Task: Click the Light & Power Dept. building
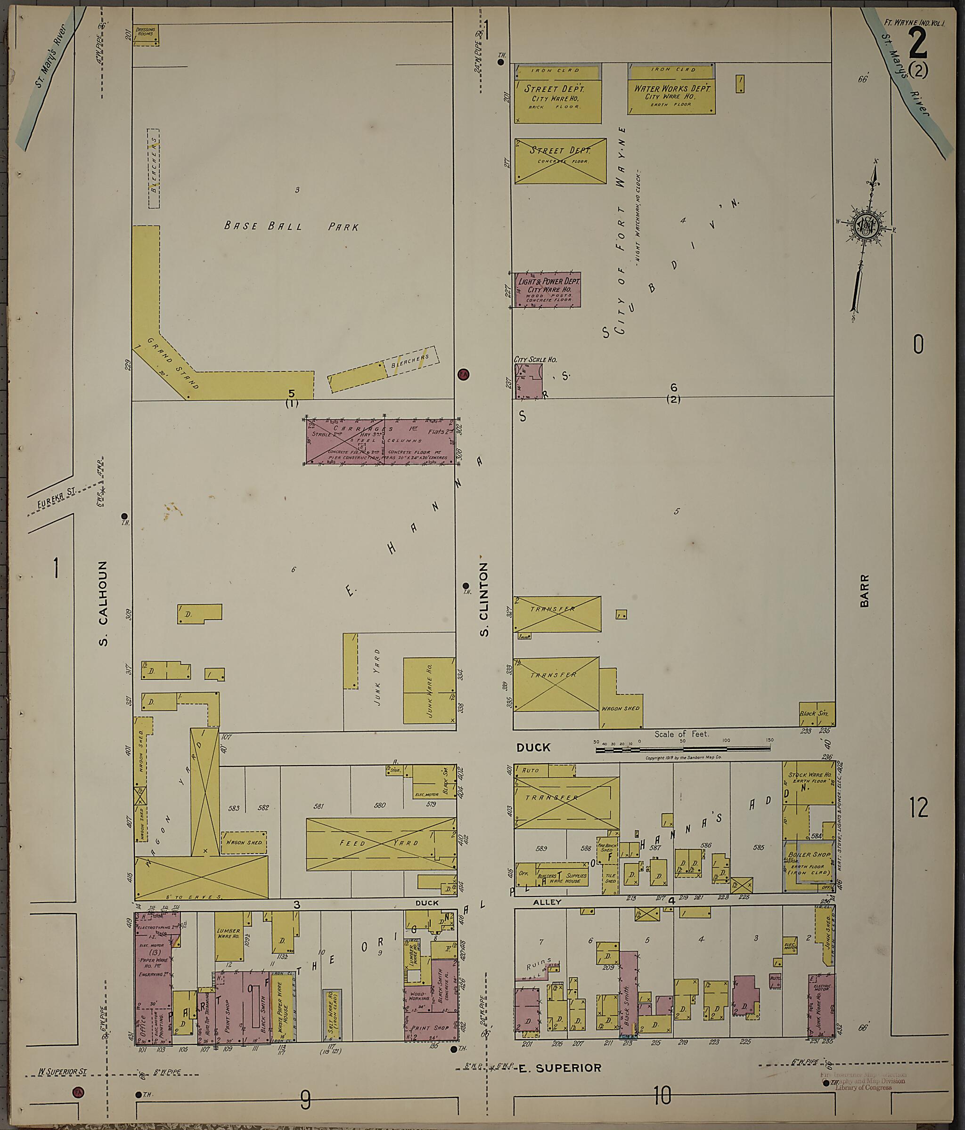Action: coord(548,290)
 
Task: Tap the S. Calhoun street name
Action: coord(103,604)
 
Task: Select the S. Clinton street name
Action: coord(483,600)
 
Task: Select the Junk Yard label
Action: coord(377,678)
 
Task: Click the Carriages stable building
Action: coord(380,441)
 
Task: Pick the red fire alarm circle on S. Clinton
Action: coord(463,374)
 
